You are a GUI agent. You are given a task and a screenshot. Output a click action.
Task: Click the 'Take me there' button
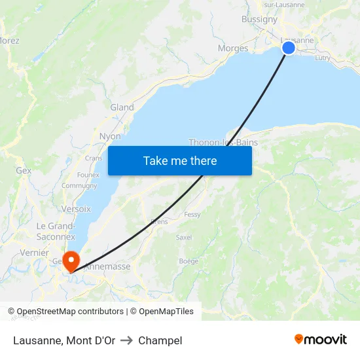pyautogui.click(x=180, y=160)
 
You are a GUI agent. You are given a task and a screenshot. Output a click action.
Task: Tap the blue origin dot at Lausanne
pyautogui.click(x=288, y=47)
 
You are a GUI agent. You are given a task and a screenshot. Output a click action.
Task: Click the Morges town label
pyautogui.click(x=233, y=48)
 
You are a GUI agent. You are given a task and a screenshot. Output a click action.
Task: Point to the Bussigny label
pyautogui.click(x=259, y=19)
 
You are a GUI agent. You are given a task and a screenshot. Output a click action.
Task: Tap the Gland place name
pyautogui.click(x=122, y=107)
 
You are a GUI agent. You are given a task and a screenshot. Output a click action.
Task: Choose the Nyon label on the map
pyautogui.click(x=110, y=136)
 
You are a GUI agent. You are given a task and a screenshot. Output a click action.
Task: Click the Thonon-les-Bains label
pyautogui.click(x=223, y=142)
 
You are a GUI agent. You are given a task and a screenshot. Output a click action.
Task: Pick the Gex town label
pyautogui.click(x=24, y=170)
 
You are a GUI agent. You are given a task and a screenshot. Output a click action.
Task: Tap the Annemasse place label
pyautogui.click(x=108, y=266)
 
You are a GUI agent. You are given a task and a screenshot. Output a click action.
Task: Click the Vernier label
pyautogui.click(x=34, y=253)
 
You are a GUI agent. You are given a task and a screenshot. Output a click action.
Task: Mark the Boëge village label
pyautogui.click(x=189, y=261)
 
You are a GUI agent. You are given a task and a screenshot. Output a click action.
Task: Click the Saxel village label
pyautogui.click(x=184, y=237)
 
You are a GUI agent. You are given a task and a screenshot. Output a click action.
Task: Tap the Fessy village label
pyautogui.click(x=192, y=214)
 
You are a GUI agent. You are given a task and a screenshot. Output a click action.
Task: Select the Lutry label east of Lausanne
pyautogui.click(x=323, y=58)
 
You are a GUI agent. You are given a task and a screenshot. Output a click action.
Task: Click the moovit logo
pyautogui.click(x=321, y=339)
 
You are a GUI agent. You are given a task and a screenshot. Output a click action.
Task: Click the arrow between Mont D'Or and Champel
pyautogui.click(x=126, y=340)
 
